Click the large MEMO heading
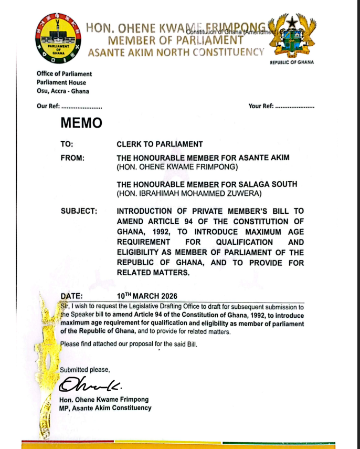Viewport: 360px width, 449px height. click(81, 123)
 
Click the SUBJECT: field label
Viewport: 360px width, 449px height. click(79, 211)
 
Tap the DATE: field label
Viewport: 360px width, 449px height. click(71, 296)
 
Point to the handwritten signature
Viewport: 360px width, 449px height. click(90, 386)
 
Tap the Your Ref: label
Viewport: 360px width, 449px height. click(261, 106)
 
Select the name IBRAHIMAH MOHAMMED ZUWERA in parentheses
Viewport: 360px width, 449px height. click(189, 194)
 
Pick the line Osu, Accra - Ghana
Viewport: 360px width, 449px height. click(63, 91)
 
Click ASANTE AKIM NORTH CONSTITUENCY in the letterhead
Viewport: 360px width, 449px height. click(175, 52)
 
